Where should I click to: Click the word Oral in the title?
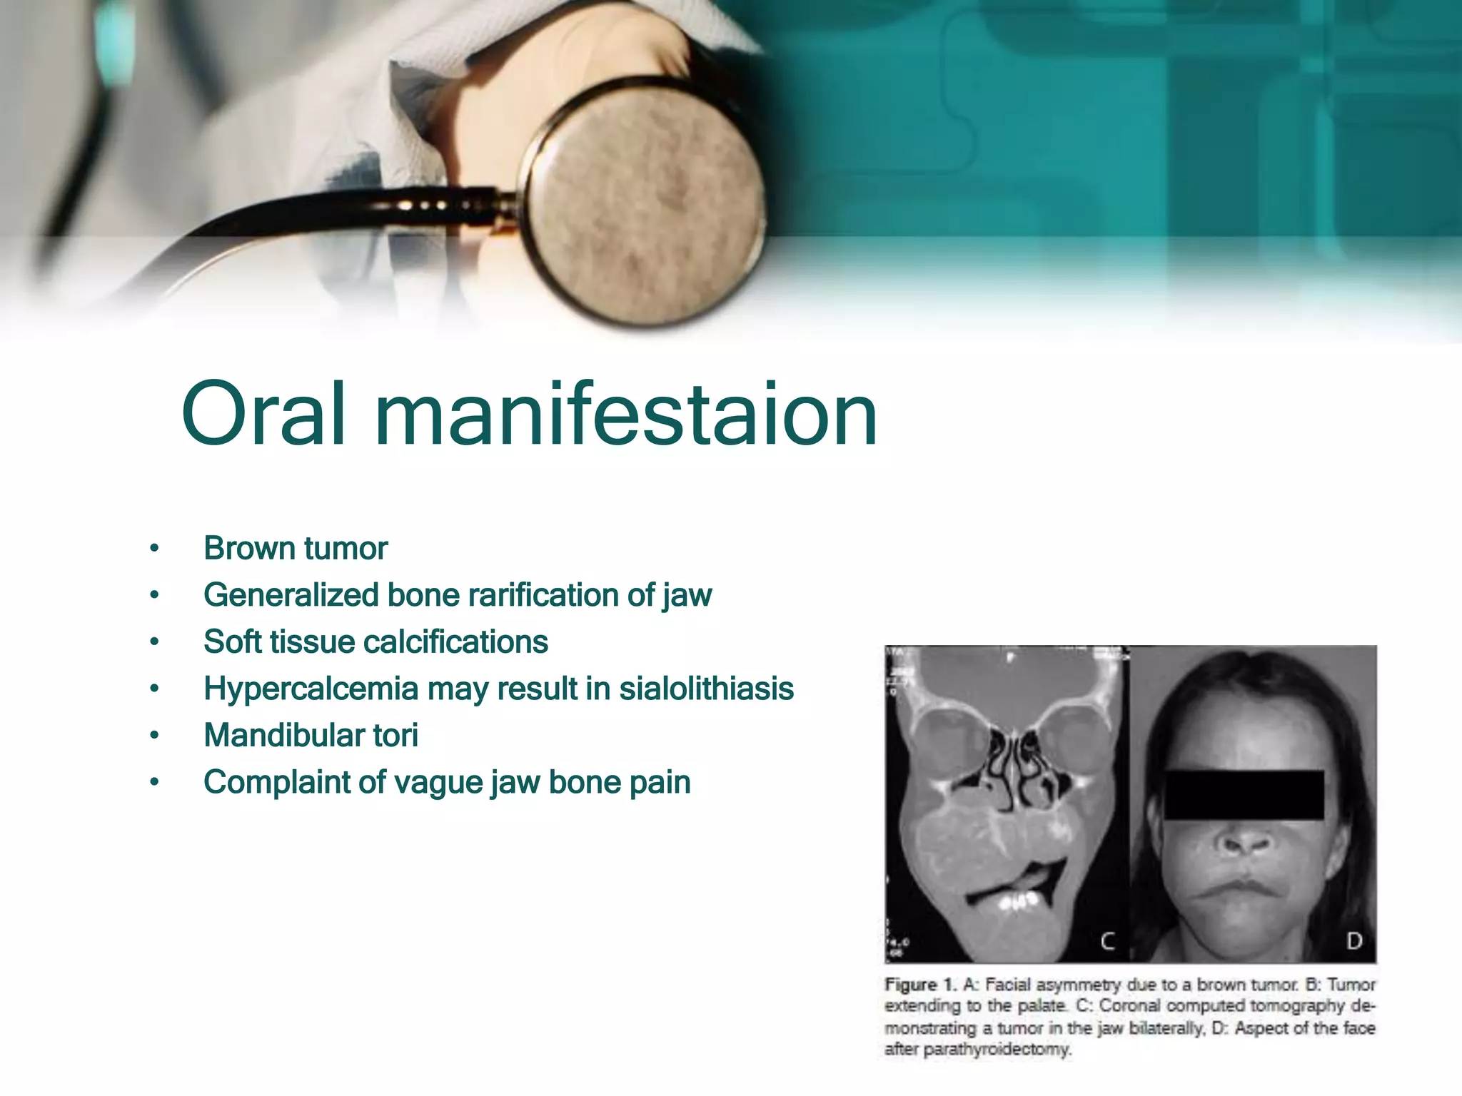coord(264,414)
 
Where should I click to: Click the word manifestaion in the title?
coord(626,414)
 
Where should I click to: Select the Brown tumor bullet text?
coord(296,549)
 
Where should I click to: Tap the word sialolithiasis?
coord(706,689)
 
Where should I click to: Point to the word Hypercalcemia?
coord(311,689)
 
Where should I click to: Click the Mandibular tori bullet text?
coord(311,736)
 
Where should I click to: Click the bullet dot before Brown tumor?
coord(154,549)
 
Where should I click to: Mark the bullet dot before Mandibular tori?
coord(154,736)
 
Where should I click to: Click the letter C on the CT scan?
coord(1107,942)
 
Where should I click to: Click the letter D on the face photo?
coord(1353,942)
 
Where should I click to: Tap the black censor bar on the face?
coord(1244,794)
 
